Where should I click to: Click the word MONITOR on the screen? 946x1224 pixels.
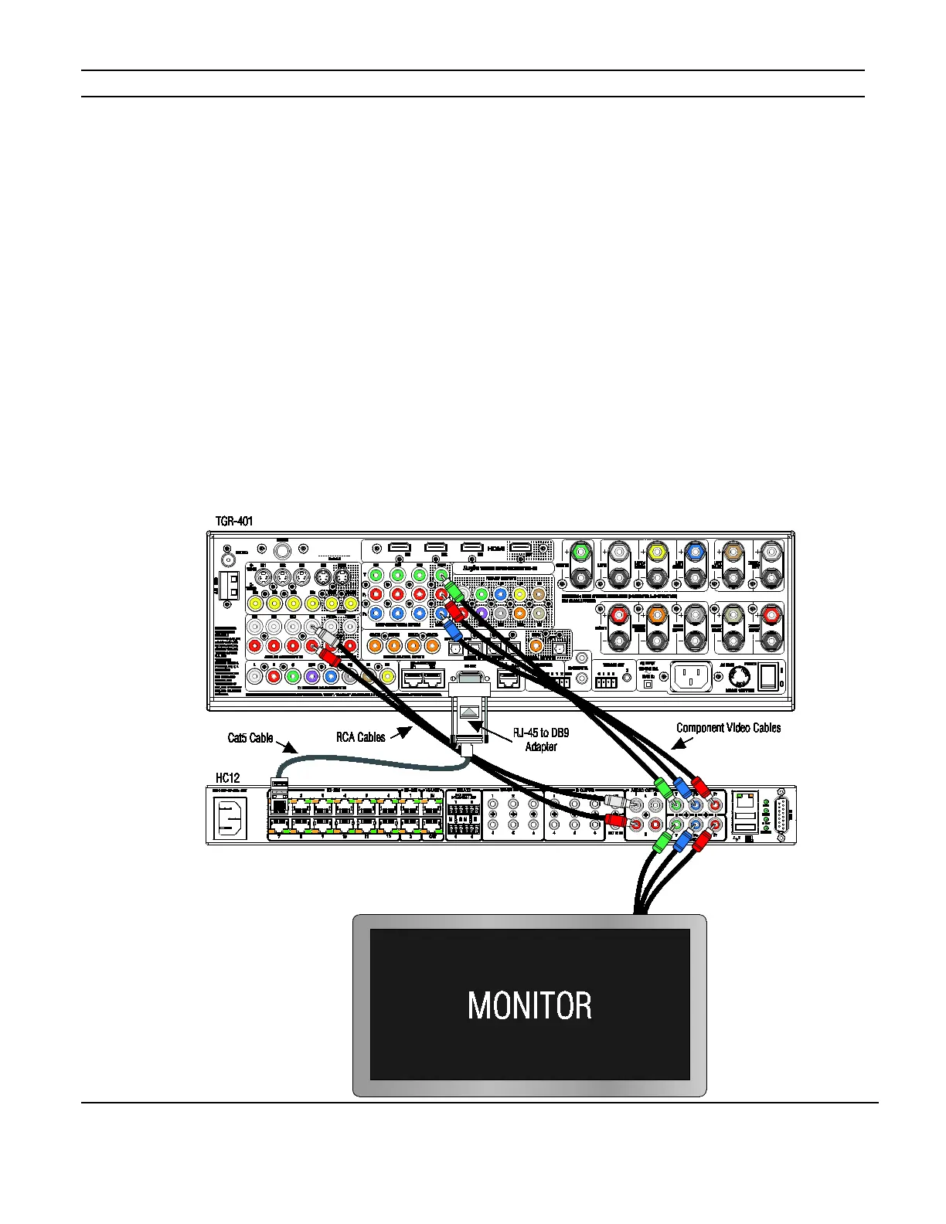tap(529, 1005)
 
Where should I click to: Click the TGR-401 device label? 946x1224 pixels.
tap(234, 522)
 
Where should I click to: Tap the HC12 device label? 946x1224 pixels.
tap(227, 777)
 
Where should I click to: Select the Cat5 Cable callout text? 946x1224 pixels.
tap(250, 738)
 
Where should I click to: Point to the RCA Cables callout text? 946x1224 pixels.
tap(360, 737)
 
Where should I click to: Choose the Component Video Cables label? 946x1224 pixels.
tap(728, 727)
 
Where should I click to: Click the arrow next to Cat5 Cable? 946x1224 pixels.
tap(287, 746)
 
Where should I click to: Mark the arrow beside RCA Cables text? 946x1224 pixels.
tap(400, 733)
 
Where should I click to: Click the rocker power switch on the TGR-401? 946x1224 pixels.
tap(767, 677)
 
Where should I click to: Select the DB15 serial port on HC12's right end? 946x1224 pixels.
tap(781, 815)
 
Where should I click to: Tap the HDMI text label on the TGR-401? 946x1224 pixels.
tap(495, 548)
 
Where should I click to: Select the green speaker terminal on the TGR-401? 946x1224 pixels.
tap(581, 552)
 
